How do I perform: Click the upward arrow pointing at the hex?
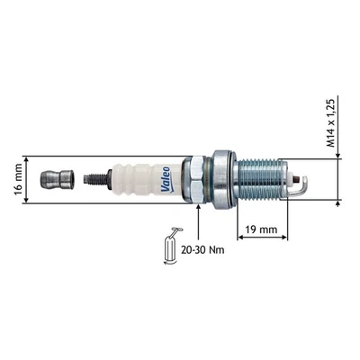click(197, 216)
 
